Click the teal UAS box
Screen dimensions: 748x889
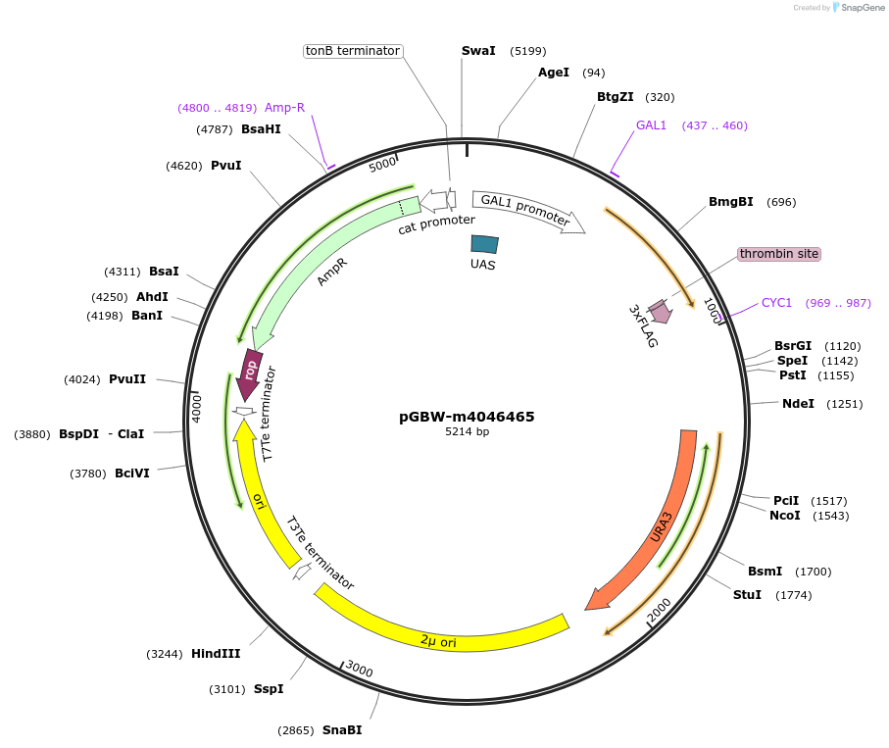click(484, 244)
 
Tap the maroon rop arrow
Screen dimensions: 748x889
click(251, 370)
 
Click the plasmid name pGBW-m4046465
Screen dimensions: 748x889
click(467, 417)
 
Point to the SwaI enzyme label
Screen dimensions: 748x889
click(478, 51)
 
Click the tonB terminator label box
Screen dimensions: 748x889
click(353, 51)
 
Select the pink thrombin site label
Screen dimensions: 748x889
click(778, 254)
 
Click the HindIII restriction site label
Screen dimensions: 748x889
click(217, 654)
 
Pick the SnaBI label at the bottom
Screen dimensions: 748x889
click(342, 730)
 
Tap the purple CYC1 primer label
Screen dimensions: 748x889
click(776, 303)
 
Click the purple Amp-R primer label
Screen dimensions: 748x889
click(284, 108)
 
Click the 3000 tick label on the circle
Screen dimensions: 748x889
click(359, 671)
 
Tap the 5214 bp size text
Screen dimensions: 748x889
click(467, 432)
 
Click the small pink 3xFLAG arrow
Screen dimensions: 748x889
click(660, 312)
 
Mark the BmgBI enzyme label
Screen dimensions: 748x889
click(731, 203)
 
